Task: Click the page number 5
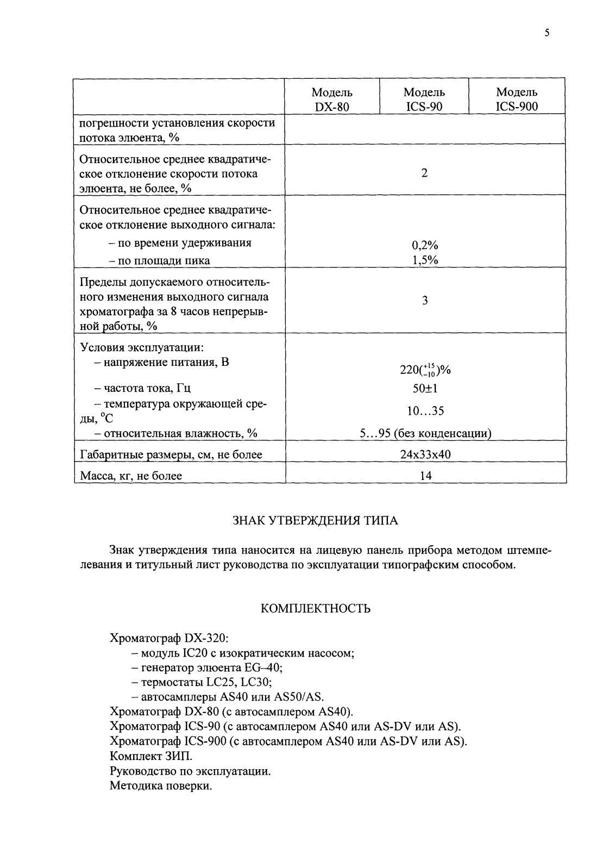547,33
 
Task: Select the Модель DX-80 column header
332,99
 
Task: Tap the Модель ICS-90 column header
424,99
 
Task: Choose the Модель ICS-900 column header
517,99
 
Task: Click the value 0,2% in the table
425,245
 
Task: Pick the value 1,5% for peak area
425,260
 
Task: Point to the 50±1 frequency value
425,388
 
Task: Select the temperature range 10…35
425,411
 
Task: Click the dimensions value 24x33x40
425,454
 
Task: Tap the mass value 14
425,476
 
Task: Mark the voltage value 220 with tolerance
425,370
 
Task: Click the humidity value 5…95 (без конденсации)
425,433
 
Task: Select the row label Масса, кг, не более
131,476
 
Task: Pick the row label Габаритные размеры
171,454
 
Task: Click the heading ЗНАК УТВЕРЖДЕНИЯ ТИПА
315,521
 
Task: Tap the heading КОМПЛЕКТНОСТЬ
316,608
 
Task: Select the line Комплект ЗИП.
151,756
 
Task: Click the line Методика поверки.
160,785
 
